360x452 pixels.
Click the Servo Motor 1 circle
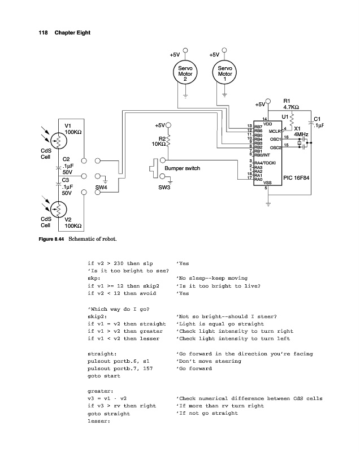point(225,74)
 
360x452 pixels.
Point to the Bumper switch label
point(183,168)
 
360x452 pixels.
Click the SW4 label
point(101,186)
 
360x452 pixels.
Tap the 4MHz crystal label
point(301,135)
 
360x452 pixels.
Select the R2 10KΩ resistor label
point(157,141)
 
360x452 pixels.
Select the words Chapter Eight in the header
point(72,32)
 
